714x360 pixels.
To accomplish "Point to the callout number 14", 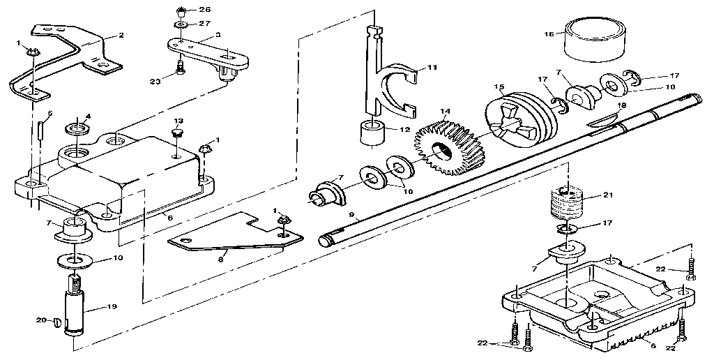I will tap(444, 110).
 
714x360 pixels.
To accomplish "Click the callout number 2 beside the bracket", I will tap(121, 34).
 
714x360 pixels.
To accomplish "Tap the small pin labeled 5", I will tap(41, 130).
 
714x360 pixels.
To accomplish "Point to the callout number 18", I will tap(621, 105).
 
